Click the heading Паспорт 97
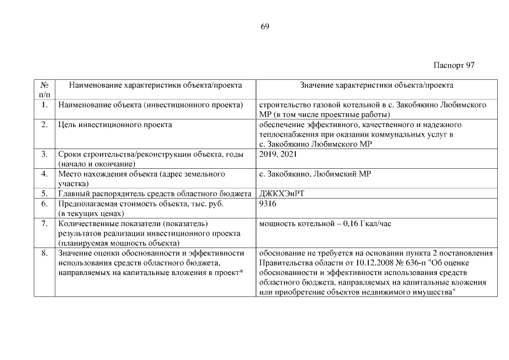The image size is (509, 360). click(x=454, y=65)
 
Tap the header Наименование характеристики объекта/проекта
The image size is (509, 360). click(x=155, y=85)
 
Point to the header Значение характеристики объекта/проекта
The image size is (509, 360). click(x=376, y=85)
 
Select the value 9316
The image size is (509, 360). click(x=268, y=204)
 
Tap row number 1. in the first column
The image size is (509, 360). click(x=44, y=105)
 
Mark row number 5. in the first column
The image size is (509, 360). click(x=44, y=194)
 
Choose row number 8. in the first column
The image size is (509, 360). click(x=44, y=254)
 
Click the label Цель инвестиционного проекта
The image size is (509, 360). click(x=115, y=125)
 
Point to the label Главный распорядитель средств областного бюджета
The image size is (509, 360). click(x=154, y=194)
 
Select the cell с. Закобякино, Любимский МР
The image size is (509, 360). click(x=315, y=174)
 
